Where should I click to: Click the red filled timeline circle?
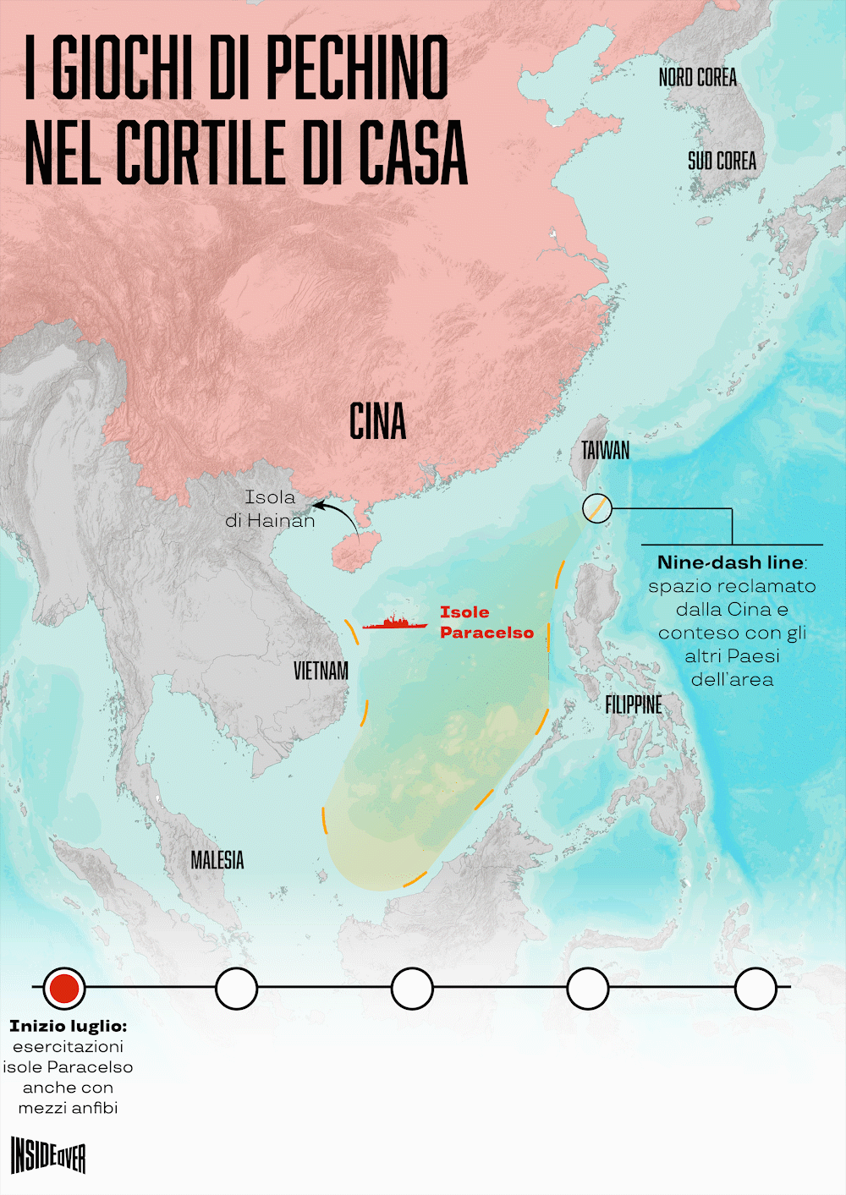(64, 988)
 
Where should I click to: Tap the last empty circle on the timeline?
(755, 988)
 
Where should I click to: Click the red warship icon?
(394, 623)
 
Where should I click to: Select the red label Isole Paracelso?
(486, 622)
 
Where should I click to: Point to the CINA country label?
(377, 421)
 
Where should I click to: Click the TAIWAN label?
(605, 450)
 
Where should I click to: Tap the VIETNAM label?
(321, 671)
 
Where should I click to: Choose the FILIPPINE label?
(633, 704)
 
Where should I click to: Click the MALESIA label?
(217, 860)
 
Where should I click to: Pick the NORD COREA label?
(697, 78)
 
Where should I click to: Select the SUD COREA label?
(722, 161)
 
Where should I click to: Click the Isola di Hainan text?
(270, 509)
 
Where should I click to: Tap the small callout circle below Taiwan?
(597, 508)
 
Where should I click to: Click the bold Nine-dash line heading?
(730, 562)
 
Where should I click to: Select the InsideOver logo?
(48, 1155)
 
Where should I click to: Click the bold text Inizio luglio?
(68, 1026)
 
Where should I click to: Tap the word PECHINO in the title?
(356, 69)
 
